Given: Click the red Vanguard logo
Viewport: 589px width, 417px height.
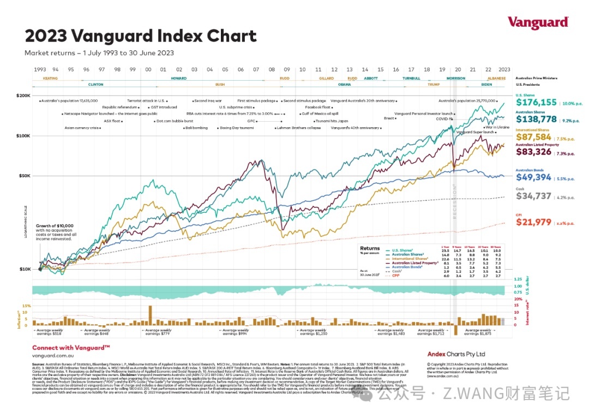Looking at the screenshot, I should (x=538, y=22).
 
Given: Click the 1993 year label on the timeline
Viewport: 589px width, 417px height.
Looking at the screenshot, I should (x=39, y=70).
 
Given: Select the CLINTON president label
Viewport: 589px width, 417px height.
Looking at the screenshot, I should (x=95, y=85).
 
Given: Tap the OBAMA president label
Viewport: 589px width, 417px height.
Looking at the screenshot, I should (x=344, y=85).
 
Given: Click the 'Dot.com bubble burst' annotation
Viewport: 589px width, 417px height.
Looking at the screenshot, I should (x=175, y=121).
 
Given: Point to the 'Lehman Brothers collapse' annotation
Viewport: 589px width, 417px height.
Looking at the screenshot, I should (x=299, y=128).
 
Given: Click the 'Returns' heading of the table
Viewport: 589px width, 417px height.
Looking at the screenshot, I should (x=370, y=248).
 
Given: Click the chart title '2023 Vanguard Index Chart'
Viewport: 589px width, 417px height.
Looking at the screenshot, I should (x=140, y=36).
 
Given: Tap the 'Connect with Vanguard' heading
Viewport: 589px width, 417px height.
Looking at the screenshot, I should (x=71, y=348).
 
